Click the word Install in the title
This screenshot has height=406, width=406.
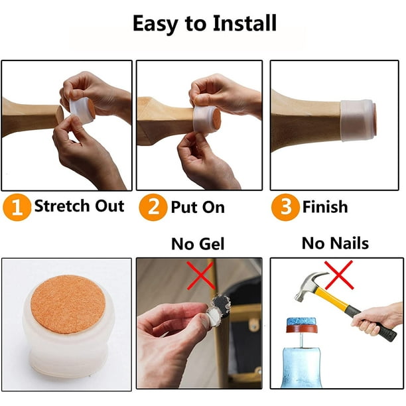coord(244,23)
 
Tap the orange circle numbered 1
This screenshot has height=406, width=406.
coord(17,207)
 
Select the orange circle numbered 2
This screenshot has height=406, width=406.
coord(153,207)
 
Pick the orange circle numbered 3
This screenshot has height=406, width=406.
coord(285,207)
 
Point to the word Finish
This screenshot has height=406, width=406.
coord(325,206)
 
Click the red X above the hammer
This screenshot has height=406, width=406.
coord(339,275)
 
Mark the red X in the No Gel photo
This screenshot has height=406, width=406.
coord(200,275)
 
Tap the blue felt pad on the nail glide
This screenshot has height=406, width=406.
coord(301,322)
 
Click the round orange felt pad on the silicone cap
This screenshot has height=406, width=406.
coord(68,304)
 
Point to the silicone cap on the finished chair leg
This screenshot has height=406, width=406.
coord(359,120)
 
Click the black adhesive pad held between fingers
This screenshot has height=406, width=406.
coord(221,304)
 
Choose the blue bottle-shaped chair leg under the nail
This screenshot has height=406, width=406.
coord(301,368)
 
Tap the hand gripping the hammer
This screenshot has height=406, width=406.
coord(373,319)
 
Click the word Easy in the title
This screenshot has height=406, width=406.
coord(155,24)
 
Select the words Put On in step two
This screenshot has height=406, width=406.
coord(198,207)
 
